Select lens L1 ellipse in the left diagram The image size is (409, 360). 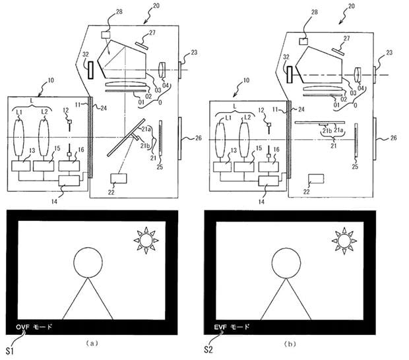click(x=23, y=139)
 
